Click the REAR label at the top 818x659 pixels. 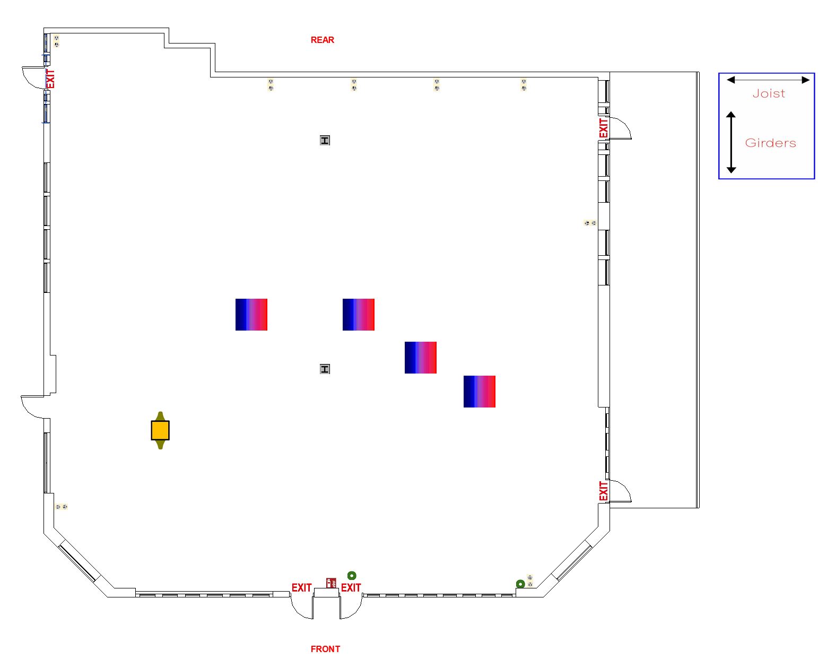pyautogui.click(x=322, y=40)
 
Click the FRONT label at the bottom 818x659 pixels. pyautogui.click(x=325, y=649)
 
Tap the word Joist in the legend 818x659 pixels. pyautogui.click(x=769, y=94)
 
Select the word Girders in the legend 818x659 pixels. pyautogui.click(x=770, y=143)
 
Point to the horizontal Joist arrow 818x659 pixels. pyautogui.click(x=768, y=80)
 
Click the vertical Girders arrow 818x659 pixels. pyautogui.click(x=731, y=142)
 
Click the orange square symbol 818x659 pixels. pyautogui.click(x=160, y=430)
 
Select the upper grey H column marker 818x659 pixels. pyautogui.click(x=325, y=140)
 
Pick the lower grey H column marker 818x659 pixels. pyautogui.click(x=325, y=369)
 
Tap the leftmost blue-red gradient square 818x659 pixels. pyautogui.click(x=251, y=315)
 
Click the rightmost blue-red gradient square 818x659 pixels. pyautogui.click(x=480, y=392)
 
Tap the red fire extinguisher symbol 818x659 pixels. pyautogui.click(x=331, y=583)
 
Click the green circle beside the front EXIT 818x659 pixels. pyautogui.click(x=352, y=576)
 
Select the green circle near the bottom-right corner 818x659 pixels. pyautogui.click(x=520, y=584)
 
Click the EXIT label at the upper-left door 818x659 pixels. pyautogui.click(x=50, y=79)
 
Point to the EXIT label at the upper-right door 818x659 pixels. pyautogui.click(x=604, y=128)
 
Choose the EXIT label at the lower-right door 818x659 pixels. pyautogui.click(x=604, y=491)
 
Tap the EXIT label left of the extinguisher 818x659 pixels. pyautogui.click(x=302, y=588)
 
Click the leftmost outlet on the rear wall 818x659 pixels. pyautogui.click(x=271, y=85)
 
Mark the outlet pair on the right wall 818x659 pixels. pyautogui.click(x=590, y=223)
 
